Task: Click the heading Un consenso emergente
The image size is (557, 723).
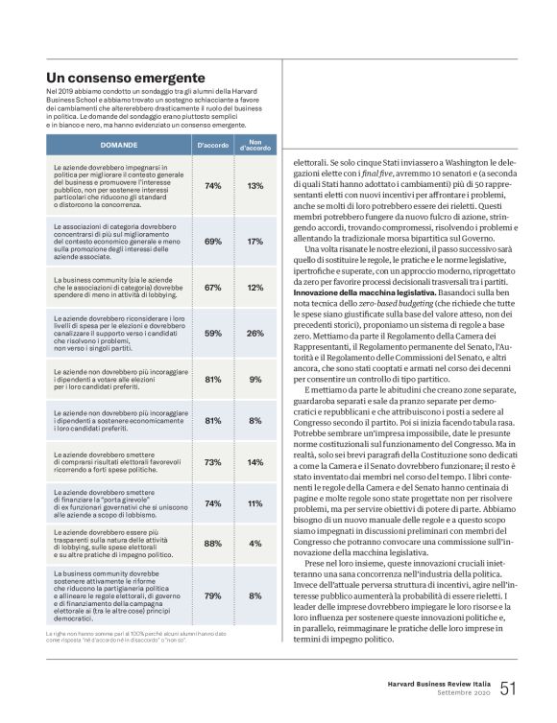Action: click(x=125, y=77)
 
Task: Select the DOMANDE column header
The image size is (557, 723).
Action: click(x=118, y=145)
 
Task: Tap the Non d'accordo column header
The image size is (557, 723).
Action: click(x=254, y=145)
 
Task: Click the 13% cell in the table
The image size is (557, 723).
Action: click(x=254, y=186)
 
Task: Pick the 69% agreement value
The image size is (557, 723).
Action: click(x=213, y=242)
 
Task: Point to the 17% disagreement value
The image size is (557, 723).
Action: click(x=254, y=242)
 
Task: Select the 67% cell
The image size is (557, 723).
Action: click(x=213, y=288)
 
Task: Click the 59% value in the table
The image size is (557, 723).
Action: click(x=213, y=334)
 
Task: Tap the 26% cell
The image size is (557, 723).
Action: click(x=254, y=334)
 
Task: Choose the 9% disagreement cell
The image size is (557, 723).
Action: click(x=254, y=379)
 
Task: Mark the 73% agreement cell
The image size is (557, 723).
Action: click(x=213, y=462)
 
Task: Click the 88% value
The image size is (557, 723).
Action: click(x=213, y=544)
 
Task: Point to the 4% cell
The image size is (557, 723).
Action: click(x=254, y=544)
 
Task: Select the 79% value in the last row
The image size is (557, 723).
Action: click(x=213, y=595)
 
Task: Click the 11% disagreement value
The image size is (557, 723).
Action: click(x=254, y=502)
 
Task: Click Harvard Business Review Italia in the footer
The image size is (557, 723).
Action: click(x=432, y=684)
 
